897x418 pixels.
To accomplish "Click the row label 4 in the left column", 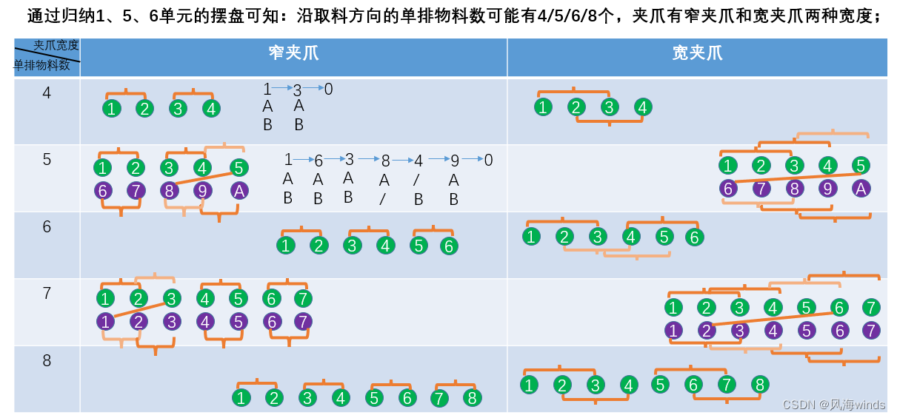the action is point(47,93).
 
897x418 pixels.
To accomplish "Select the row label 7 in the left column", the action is point(47,293).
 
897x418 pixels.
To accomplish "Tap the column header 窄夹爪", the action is point(293,53).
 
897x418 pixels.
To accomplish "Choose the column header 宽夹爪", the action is point(697,53).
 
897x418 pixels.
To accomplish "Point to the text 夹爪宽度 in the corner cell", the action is point(56,46).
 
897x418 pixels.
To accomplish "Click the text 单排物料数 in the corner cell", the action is point(42,65).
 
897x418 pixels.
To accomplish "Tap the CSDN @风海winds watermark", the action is point(833,405).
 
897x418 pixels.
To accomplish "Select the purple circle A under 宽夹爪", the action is point(860,188).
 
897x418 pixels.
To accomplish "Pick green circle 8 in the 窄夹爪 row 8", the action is point(471,398).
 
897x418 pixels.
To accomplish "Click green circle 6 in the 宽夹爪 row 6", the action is point(694,237).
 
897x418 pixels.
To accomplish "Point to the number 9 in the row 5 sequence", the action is point(454,161).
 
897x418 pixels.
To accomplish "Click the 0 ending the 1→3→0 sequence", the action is point(328,90).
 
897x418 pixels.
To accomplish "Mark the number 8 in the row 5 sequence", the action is point(385,161).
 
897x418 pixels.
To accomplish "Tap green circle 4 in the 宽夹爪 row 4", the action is point(642,107).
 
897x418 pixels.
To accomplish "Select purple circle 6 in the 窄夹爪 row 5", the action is point(103,190).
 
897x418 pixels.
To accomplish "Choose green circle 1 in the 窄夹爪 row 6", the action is point(285,246).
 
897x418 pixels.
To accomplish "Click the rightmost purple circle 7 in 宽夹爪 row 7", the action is point(871,330).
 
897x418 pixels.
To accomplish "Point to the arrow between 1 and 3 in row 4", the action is point(282,88).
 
